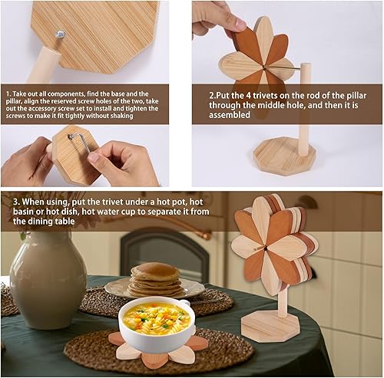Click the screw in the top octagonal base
point(61,34)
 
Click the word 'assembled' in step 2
point(230,115)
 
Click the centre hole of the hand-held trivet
point(263,67)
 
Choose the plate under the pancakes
point(154,288)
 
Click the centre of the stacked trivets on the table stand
point(266,248)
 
